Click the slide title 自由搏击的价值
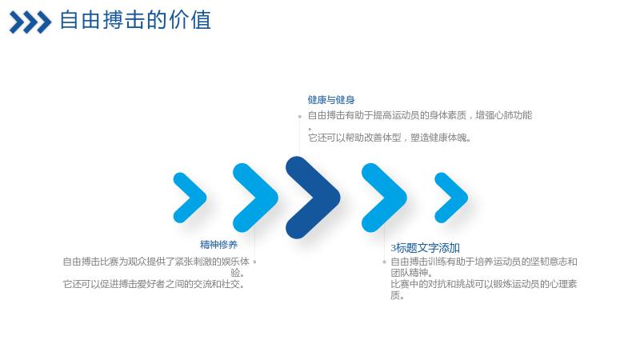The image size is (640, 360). pos(135,20)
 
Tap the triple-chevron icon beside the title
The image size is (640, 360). pos(30,22)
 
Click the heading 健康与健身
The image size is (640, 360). pos(331,99)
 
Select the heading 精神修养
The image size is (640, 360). pos(218,245)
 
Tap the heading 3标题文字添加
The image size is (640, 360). pos(426,248)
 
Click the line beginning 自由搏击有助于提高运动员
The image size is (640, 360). pos(420,115)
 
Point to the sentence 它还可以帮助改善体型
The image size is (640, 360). pos(390,138)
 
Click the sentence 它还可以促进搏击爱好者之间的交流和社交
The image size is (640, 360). pos(154,284)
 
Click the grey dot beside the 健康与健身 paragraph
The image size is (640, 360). pos(299,116)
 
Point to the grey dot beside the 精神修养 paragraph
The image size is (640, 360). pos(254,262)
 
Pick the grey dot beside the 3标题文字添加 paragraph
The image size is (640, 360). pos(384,262)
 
